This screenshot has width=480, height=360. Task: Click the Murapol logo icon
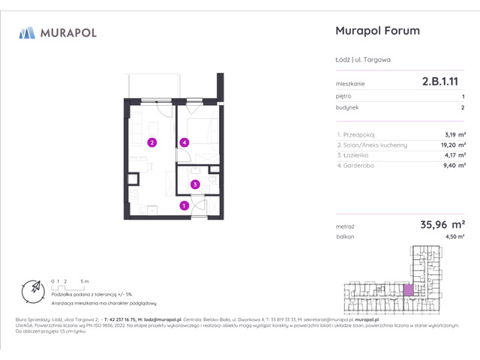27,32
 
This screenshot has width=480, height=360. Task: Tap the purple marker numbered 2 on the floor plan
151,142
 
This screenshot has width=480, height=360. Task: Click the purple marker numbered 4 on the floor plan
184,142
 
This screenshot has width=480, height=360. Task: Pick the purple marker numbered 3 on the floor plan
194,184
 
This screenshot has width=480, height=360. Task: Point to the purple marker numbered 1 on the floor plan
184,205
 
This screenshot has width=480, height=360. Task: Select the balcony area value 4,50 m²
454,237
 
